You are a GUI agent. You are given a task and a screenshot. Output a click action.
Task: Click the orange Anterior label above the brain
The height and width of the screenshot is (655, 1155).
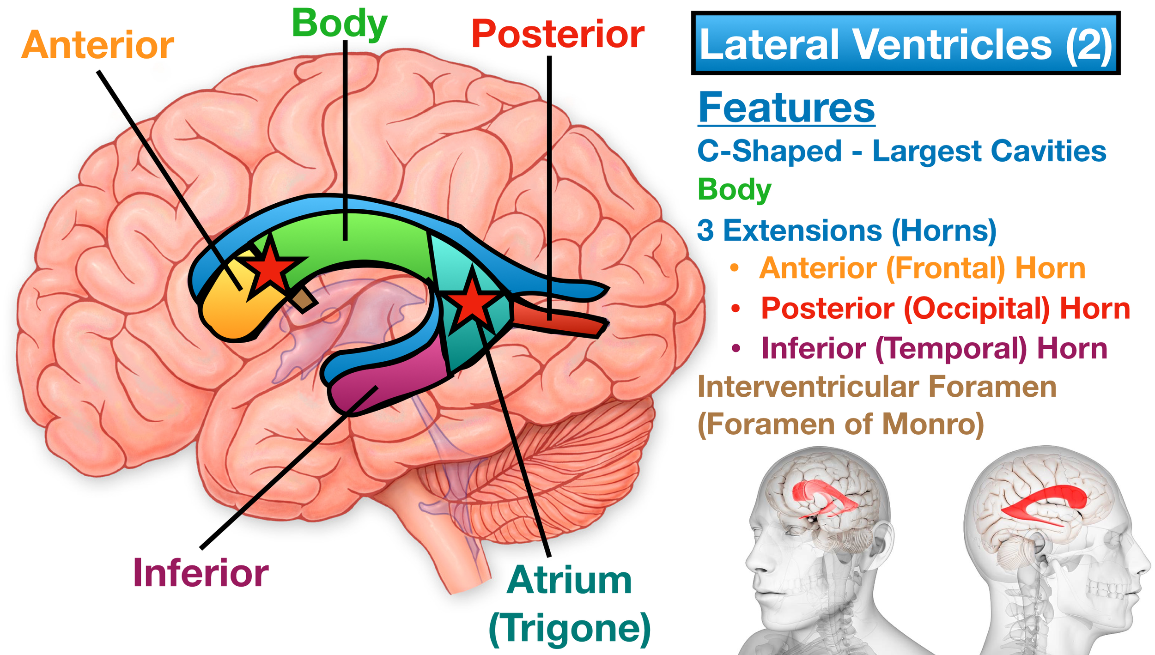coord(97,45)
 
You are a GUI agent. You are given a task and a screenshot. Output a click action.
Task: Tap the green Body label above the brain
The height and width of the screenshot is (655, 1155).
coord(340,24)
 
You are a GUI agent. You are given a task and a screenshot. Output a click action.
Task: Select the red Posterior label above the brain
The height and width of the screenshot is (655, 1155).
coord(558,34)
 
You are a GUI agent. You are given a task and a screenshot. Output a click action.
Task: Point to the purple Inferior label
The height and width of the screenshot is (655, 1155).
coord(201,573)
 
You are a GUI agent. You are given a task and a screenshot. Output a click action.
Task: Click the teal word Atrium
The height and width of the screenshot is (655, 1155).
coord(569,580)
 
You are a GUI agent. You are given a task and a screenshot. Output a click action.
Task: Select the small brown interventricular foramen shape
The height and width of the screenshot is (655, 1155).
coord(304,301)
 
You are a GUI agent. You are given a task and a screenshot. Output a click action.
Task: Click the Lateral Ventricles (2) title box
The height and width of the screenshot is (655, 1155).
coord(906,43)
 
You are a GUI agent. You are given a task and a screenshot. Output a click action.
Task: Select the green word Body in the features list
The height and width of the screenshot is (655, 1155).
coord(735,189)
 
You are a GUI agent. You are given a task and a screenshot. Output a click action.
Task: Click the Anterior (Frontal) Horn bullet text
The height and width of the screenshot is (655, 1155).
coord(922,268)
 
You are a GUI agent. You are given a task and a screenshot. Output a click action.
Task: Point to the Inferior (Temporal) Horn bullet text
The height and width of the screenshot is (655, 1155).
coord(934,349)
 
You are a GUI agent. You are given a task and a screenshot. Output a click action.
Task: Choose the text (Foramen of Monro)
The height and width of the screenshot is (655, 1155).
coord(841,425)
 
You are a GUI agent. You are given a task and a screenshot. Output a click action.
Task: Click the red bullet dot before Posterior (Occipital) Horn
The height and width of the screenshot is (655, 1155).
coord(736,308)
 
